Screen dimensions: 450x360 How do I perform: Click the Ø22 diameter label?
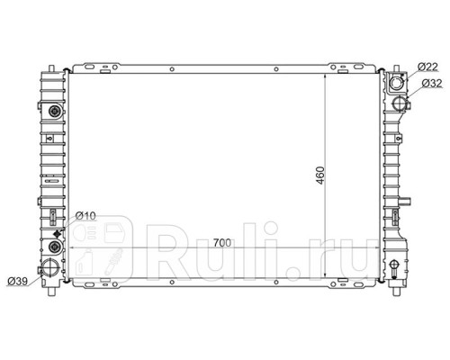(x=428, y=67)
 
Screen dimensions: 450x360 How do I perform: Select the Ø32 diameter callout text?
(x=432, y=83)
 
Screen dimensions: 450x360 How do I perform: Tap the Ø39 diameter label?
(x=18, y=281)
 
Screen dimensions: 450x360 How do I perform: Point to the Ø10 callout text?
(x=85, y=215)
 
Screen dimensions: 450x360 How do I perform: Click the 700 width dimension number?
(x=222, y=242)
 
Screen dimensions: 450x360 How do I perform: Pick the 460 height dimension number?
(x=320, y=175)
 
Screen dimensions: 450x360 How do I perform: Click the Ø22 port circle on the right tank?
(x=397, y=82)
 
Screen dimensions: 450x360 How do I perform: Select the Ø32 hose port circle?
(x=400, y=103)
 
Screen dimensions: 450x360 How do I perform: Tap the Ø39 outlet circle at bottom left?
(x=49, y=267)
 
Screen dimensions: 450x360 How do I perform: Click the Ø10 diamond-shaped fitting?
(x=57, y=234)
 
